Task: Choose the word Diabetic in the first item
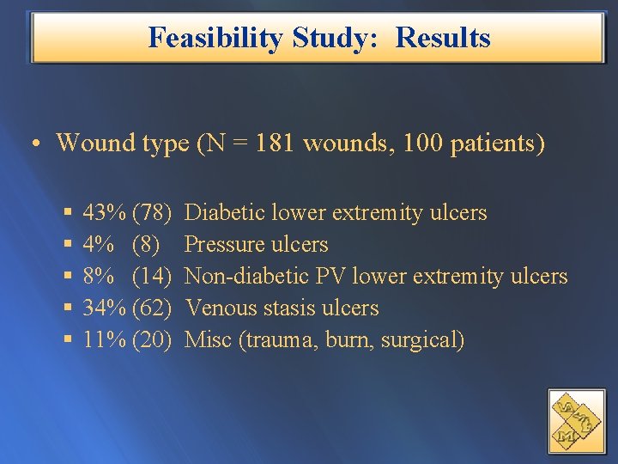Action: pyautogui.click(x=224, y=212)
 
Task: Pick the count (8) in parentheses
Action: pyautogui.click(x=146, y=245)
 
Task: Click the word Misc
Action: pyautogui.click(x=209, y=340)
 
